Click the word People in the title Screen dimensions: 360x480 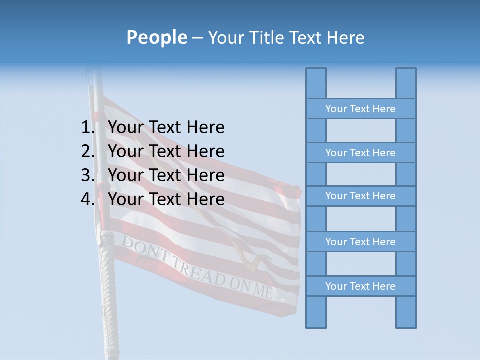(x=157, y=37)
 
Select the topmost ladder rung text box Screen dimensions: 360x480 (x=360, y=109)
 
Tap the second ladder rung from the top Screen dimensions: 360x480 (x=360, y=153)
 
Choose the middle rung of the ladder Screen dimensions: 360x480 (x=360, y=196)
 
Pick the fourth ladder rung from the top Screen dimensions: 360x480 (x=360, y=242)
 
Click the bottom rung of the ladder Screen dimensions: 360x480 (x=360, y=286)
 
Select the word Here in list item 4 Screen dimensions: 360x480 (x=205, y=199)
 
